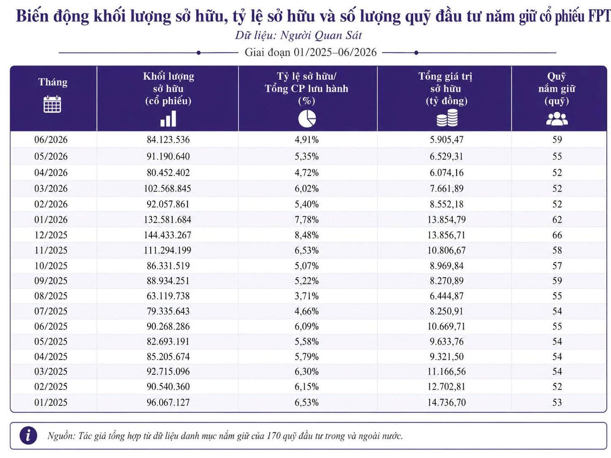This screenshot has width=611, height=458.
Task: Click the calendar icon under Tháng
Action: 52,104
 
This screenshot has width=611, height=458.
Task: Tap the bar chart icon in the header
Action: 168,119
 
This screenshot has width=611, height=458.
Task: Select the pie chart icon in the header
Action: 307,119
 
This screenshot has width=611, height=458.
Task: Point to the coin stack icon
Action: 447,118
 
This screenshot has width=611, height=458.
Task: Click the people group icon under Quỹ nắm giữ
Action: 557,119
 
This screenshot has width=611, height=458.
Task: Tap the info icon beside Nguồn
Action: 28,436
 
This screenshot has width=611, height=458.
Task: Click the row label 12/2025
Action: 51,235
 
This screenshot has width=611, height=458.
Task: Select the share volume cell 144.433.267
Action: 168,235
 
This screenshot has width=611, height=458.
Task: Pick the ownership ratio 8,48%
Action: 306,235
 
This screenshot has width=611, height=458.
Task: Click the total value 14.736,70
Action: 446,402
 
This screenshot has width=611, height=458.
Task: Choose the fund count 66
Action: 557,235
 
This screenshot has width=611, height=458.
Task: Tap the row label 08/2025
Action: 51,296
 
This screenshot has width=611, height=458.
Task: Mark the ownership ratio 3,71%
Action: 306,296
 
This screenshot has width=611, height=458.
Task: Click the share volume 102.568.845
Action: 168,189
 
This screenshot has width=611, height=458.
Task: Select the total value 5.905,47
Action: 446,140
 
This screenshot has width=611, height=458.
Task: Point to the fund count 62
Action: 557,220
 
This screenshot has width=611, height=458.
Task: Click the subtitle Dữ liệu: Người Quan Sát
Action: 298,35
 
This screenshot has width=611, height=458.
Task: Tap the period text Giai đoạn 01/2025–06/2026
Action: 311,52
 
